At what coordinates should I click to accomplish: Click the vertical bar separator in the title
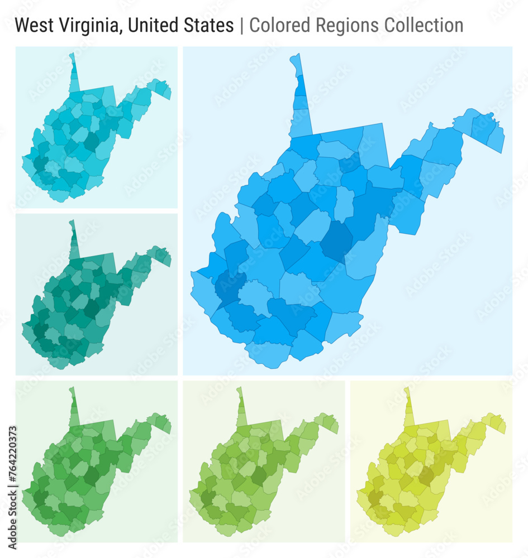241,25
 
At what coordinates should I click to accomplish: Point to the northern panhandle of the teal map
73,240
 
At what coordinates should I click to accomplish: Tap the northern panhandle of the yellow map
408,407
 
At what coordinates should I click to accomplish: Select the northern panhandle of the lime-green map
241,407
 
